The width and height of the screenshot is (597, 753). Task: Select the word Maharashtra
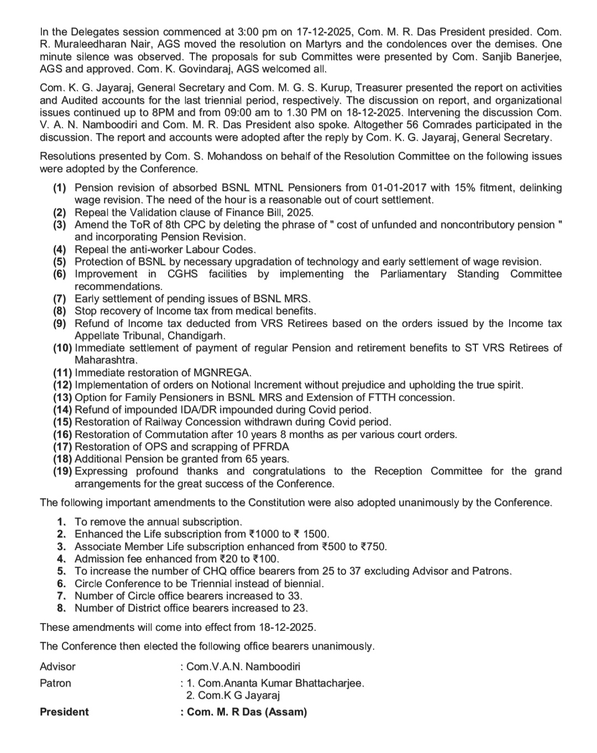pyautogui.click(x=105, y=360)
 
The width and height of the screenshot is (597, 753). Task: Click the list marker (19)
pyautogui.click(x=62, y=471)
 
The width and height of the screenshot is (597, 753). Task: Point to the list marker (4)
pyautogui.click(x=60, y=250)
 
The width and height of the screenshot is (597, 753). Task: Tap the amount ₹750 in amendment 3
pyautogui.click(x=373, y=547)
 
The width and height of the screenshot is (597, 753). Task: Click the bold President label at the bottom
pyautogui.click(x=64, y=712)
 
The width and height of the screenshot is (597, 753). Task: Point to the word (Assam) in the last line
pyautogui.click(x=286, y=712)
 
